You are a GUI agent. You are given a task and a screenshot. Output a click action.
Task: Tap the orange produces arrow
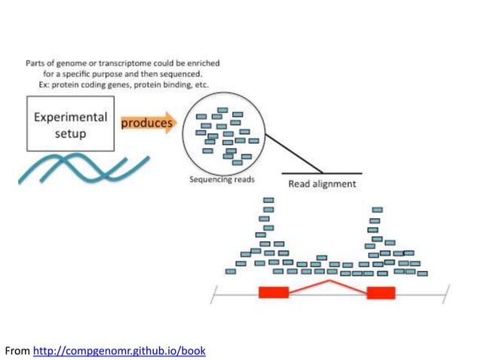coord(148,124)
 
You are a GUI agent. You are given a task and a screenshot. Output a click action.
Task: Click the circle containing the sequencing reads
coord(222,136)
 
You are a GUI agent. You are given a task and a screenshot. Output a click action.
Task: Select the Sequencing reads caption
coord(222,180)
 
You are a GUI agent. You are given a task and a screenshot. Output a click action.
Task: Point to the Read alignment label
coord(323,183)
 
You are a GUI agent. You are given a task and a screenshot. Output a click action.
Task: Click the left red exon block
coord(274,292)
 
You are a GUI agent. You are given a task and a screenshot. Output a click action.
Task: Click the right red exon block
coord(381,292)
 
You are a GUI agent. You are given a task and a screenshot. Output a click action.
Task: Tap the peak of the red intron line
coord(327,281)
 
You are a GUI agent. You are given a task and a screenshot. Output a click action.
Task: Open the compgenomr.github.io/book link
coord(119,351)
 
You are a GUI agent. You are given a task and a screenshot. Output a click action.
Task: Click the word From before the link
coord(17,351)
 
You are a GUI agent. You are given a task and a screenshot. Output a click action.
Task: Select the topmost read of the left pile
coord(268,200)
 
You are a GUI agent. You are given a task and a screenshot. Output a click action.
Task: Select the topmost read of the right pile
coord(377,209)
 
